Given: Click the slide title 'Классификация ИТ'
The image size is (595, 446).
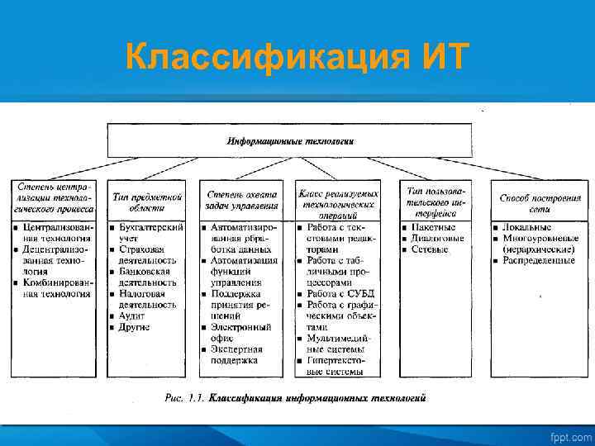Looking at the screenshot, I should point(297,58).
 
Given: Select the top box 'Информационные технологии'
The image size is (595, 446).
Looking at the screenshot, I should point(290,140).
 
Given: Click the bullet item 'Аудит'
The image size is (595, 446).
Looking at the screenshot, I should point(131,316).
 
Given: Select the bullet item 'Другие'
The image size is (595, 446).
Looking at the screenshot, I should point(134,327).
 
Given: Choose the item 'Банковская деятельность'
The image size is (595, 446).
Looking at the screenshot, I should point(146,276).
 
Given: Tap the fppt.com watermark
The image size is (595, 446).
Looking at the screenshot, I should point(570,435).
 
